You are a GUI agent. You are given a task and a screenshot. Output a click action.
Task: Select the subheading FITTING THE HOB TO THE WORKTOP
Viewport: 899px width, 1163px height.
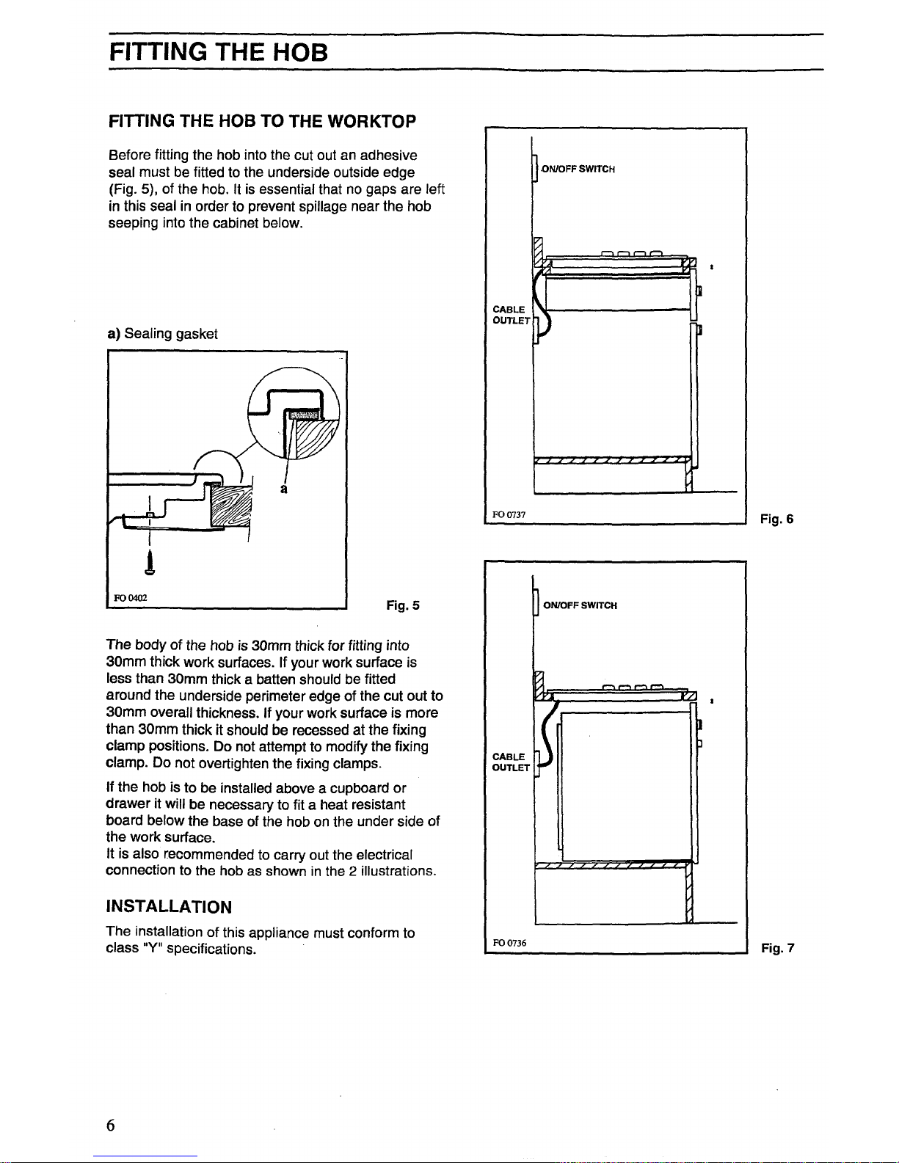[262, 120]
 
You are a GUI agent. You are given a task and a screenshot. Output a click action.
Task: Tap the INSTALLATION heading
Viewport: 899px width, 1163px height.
[169, 907]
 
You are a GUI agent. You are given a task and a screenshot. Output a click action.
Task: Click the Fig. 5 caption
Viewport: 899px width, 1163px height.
[403, 605]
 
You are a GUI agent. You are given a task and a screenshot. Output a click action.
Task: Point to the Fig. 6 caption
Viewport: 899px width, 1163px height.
[776, 519]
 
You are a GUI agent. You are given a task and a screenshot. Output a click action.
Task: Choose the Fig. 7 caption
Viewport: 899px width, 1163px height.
[777, 948]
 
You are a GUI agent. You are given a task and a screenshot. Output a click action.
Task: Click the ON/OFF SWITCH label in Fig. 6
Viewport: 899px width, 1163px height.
[578, 169]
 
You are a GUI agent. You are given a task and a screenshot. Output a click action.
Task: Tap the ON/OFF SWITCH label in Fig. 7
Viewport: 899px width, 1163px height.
[580, 605]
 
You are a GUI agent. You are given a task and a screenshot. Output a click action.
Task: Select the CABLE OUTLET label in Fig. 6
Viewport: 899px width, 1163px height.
[510, 315]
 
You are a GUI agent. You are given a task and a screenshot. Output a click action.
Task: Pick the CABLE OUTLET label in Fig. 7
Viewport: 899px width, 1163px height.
[510, 762]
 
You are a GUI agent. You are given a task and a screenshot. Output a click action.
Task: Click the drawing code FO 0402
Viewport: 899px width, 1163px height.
[130, 597]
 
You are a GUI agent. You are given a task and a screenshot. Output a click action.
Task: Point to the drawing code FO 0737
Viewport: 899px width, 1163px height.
[509, 514]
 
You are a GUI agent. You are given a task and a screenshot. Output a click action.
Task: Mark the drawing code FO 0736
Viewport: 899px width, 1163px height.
[509, 943]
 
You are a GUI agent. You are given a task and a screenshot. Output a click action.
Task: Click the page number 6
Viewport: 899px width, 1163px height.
[111, 1126]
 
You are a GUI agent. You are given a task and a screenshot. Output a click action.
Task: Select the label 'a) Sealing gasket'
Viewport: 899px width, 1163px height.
[162, 334]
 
